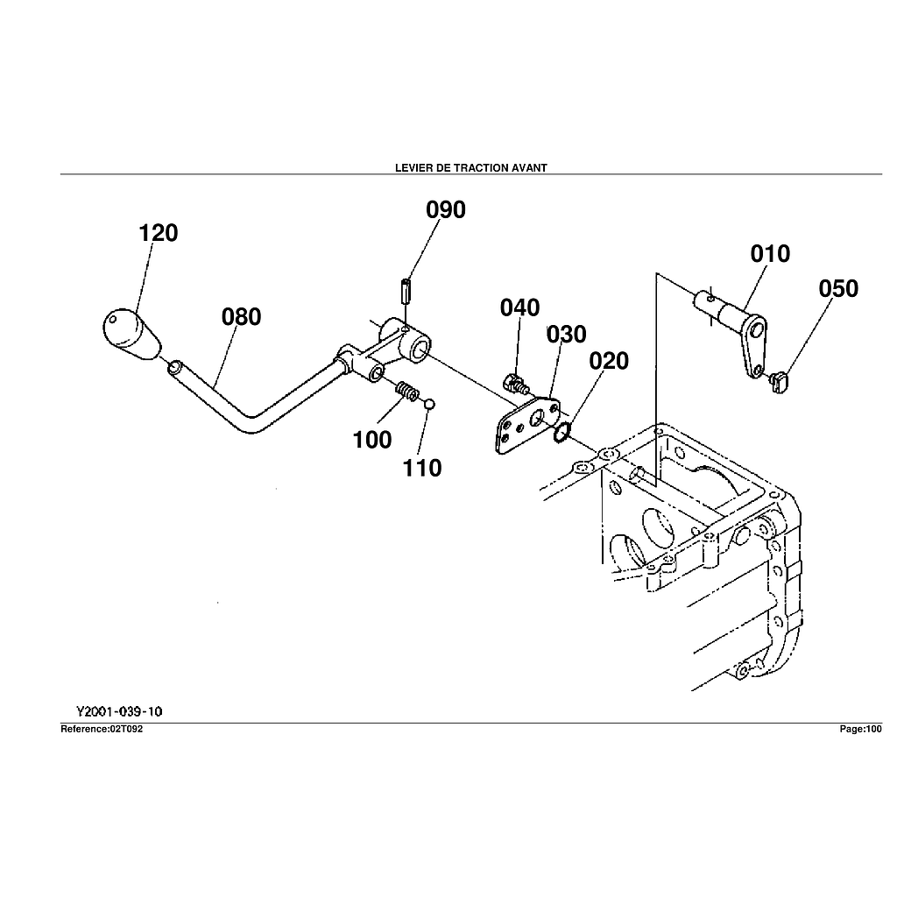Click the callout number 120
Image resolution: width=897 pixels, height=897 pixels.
[159, 233]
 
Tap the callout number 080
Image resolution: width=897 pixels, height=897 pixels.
[241, 317]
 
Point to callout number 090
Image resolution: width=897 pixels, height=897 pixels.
[446, 210]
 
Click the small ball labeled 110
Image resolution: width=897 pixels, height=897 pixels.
[429, 404]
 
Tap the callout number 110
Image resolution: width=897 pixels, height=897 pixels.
[422, 469]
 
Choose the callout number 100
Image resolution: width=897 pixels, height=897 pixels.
[372, 441]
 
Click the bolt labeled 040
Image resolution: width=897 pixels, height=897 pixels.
[515, 382]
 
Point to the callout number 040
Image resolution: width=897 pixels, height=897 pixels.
[520, 308]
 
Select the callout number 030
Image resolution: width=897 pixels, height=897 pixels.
[567, 335]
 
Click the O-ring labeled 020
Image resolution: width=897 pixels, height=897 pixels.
[562, 429]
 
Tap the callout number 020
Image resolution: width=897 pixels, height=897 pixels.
[609, 361]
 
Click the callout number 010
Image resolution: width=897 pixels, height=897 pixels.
[770, 254]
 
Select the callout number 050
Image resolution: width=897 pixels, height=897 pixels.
[838, 289]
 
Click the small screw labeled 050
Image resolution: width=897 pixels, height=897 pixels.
[779, 381]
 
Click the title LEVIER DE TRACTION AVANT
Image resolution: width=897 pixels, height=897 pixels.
[471, 168]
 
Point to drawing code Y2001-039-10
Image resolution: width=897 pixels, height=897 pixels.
[119, 712]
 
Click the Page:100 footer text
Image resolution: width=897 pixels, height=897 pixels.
[860, 729]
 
